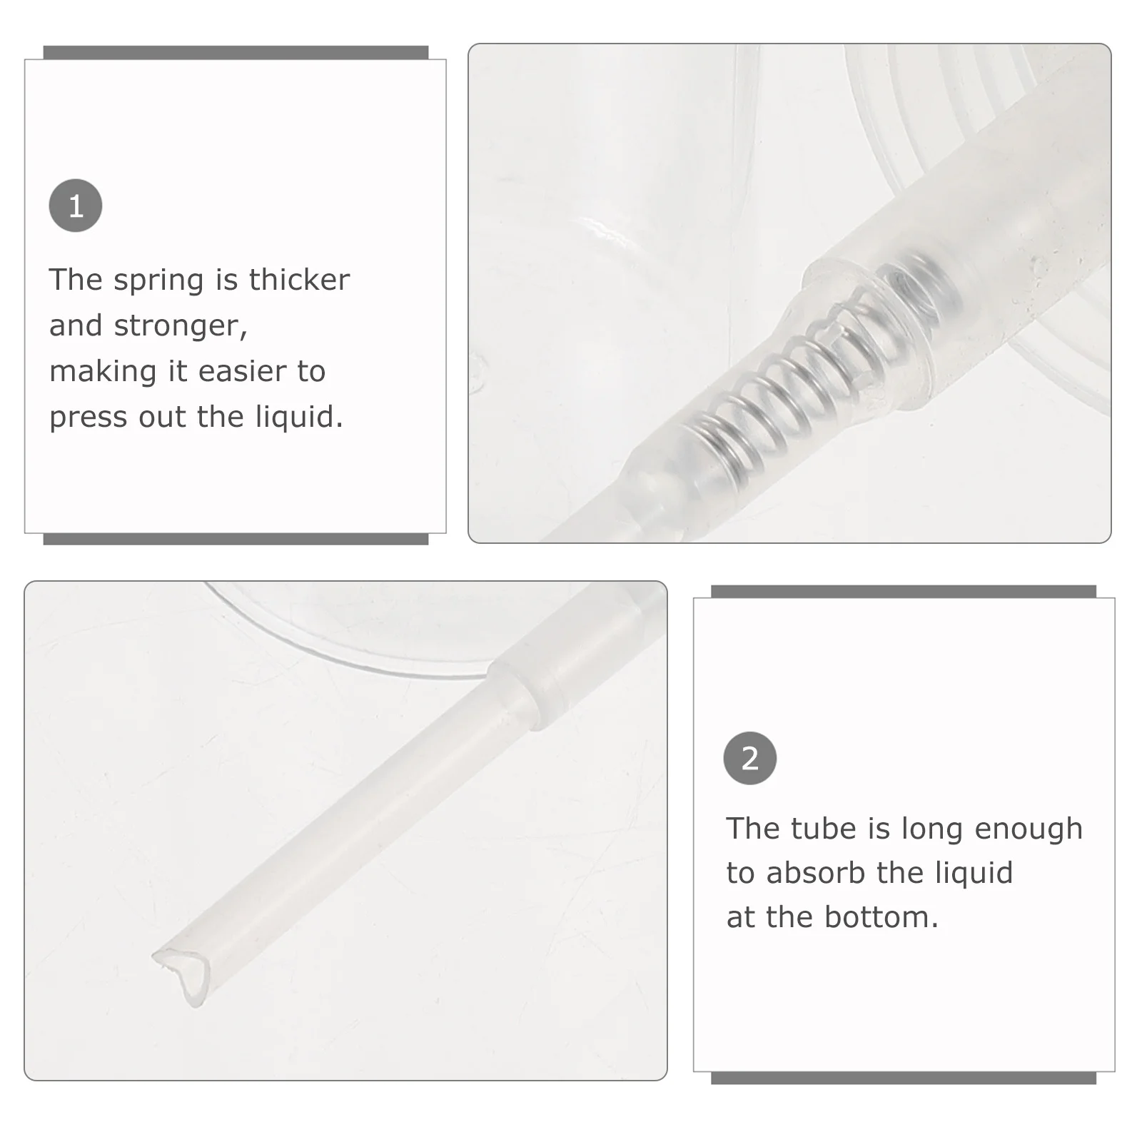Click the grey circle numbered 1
(76, 206)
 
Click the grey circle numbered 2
(749, 758)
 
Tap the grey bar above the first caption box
(236, 52)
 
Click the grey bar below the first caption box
(236, 539)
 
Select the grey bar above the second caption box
(903, 591)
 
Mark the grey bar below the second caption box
(903, 1078)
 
